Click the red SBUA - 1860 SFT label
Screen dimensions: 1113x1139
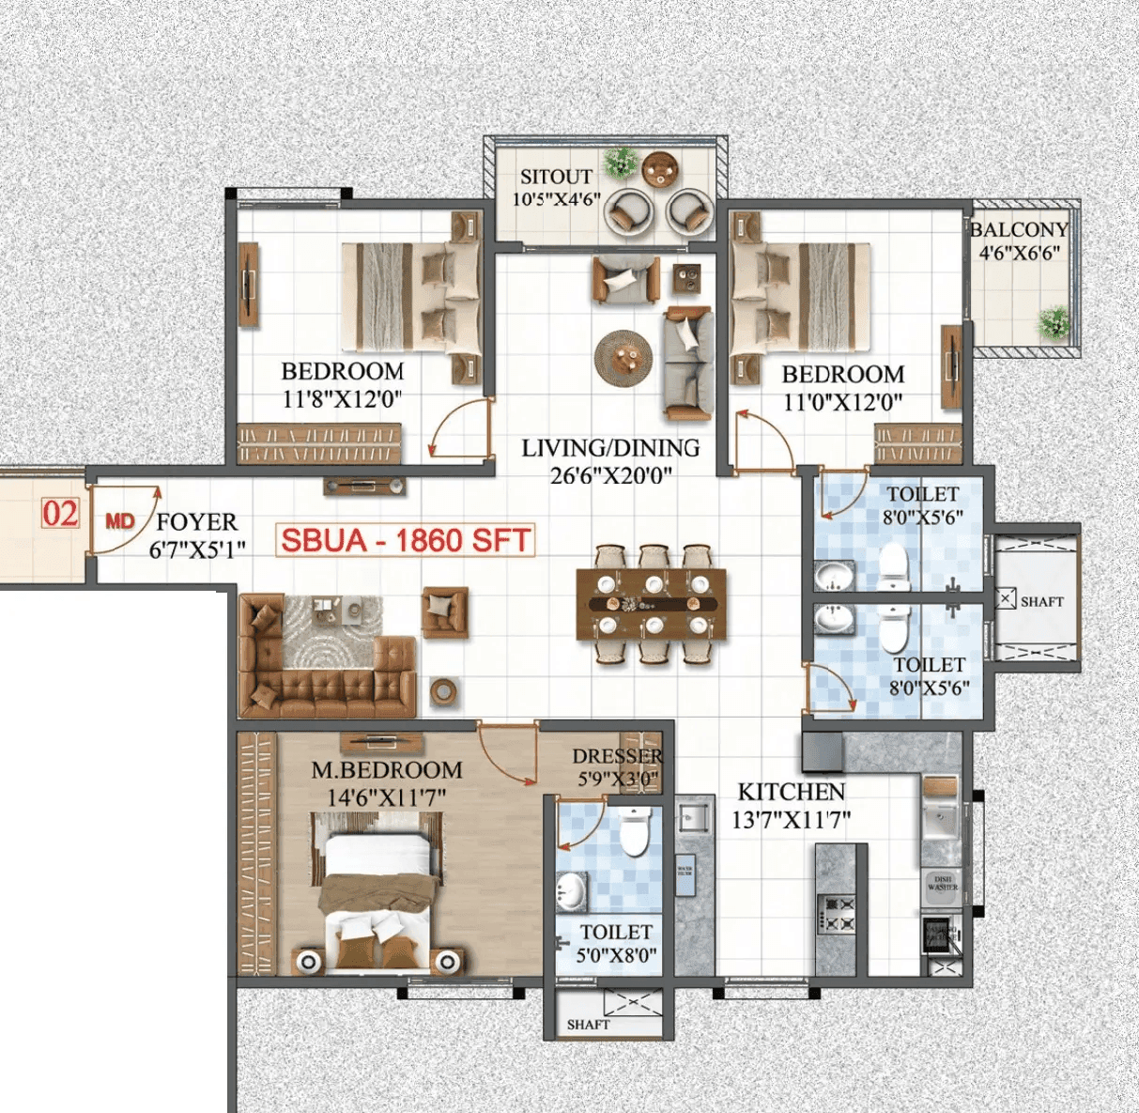(x=406, y=540)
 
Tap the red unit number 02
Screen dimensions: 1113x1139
(x=60, y=514)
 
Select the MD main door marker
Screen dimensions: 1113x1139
(x=119, y=521)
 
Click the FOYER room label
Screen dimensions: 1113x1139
(x=196, y=522)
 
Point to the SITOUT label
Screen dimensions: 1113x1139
(x=556, y=177)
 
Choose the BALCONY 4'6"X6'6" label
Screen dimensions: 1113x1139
(x=1020, y=240)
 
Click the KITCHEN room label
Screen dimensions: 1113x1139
(x=791, y=792)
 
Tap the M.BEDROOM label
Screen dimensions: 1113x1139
(x=387, y=770)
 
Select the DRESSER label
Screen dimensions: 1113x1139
(x=617, y=756)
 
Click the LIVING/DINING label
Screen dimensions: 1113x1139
(x=610, y=448)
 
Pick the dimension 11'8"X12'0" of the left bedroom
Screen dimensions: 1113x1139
(x=342, y=399)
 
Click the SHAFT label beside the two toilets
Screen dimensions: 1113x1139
(x=1041, y=601)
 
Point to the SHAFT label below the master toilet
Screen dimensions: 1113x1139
(x=588, y=1025)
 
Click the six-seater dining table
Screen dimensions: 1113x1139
(x=652, y=604)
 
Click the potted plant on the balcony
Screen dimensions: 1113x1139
(x=1055, y=322)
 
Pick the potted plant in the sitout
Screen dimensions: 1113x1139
(x=621, y=162)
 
